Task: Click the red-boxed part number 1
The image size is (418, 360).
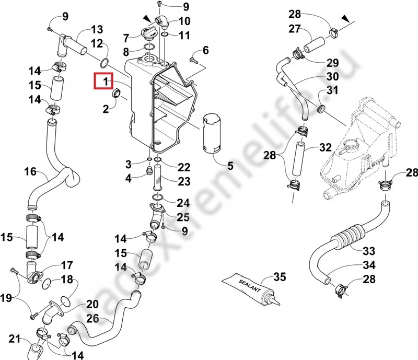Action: (x=105, y=82)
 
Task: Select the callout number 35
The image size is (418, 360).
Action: (x=280, y=277)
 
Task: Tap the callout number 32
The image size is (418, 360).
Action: (x=326, y=147)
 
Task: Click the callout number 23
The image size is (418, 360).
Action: (x=183, y=182)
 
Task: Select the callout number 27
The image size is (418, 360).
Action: (x=309, y=28)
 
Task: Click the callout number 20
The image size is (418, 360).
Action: (x=92, y=304)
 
